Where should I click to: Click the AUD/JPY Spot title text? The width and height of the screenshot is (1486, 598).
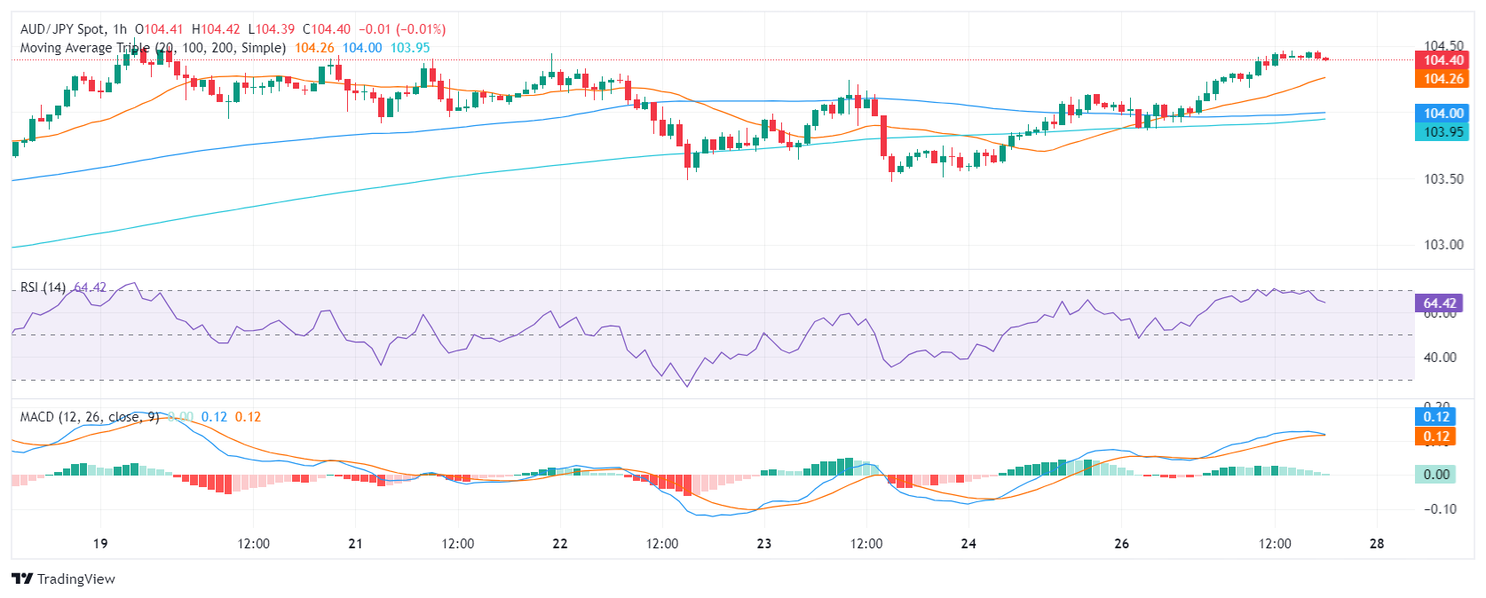pos(61,29)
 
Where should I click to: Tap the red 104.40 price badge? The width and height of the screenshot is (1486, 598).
pos(1443,60)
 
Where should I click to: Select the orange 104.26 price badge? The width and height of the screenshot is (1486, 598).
pos(1443,79)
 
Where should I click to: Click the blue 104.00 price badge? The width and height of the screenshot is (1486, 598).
pos(1443,113)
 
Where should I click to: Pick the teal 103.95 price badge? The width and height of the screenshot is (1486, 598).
pos(1443,131)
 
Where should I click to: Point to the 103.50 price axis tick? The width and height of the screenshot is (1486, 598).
pos(1443,178)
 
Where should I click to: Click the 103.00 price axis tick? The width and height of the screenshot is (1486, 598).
pos(1443,244)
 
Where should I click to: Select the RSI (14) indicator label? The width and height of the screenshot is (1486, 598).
pos(43,287)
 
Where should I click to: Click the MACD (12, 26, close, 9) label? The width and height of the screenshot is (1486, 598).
pos(90,417)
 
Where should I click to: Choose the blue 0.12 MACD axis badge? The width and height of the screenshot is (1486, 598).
pos(1436,417)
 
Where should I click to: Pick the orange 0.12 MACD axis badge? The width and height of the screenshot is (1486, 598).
pos(1436,437)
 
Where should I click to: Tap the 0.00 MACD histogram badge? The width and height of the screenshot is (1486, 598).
pos(1436,474)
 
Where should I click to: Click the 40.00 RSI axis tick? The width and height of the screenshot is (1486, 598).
pos(1440,357)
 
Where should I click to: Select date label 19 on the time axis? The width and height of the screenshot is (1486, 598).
pos(100,544)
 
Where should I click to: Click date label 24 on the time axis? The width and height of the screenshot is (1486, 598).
pos(968,544)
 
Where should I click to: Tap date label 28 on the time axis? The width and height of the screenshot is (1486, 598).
pos(1377,544)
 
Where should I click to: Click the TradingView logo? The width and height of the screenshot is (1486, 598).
pos(64,578)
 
